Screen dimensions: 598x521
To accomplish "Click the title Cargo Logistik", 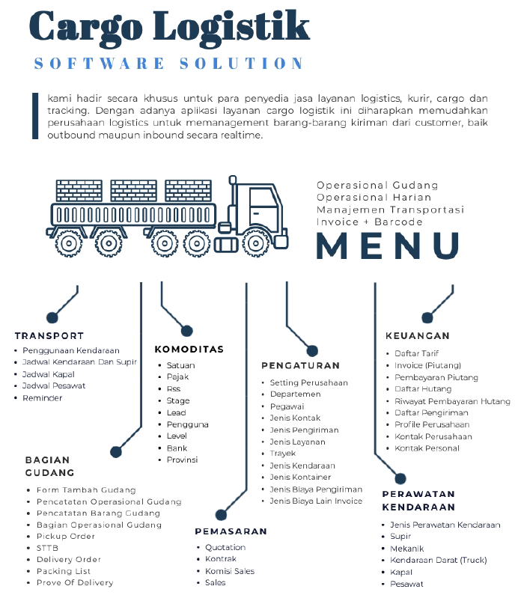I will pyautogui.click(x=169, y=26).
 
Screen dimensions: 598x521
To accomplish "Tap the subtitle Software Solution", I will pyautogui.click(x=169, y=64).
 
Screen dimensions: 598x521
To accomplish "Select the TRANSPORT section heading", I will pyautogui.click(x=49, y=336).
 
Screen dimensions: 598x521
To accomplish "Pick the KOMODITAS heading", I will pyautogui.click(x=189, y=350).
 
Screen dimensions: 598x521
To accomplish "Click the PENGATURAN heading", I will pyautogui.click(x=300, y=366).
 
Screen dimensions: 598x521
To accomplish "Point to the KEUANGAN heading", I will pyautogui.click(x=418, y=336).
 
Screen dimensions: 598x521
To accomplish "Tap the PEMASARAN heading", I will pyautogui.click(x=231, y=531).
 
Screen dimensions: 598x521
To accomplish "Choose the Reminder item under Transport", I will pyautogui.click(x=43, y=398).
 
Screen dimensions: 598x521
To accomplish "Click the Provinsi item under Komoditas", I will pyautogui.click(x=182, y=460).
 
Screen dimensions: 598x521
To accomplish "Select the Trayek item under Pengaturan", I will pyautogui.click(x=283, y=454).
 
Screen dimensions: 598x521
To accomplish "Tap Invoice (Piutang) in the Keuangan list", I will pyautogui.click(x=428, y=365).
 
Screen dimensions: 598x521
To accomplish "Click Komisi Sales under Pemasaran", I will pyautogui.click(x=230, y=571).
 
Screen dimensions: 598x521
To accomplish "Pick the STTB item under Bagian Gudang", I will pyautogui.click(x=47, y=548).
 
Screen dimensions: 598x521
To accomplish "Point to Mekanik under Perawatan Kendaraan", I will pyautogui.click(x=406, y=549).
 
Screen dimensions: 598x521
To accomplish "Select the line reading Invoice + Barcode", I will pyautogui.click(x=369, y=222).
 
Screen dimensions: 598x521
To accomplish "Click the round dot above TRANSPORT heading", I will pyautogui.click(x=52, y=317).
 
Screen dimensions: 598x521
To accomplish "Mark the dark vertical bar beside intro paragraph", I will pyautogui.click(x=34, y=116).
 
